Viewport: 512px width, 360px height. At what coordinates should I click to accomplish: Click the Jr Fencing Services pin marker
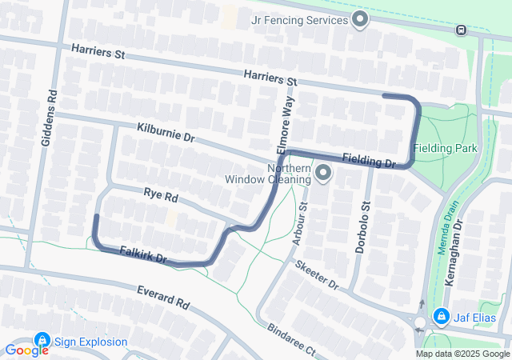click(x=360, y=19)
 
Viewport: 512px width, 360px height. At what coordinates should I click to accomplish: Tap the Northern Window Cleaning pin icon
click(x=323, y=173)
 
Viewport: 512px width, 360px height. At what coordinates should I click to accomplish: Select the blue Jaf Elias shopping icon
click(x=440, y=318)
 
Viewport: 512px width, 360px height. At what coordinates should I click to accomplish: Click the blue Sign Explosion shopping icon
click(x=42, y=342)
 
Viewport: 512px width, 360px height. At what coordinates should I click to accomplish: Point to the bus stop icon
click(x=462, y=30)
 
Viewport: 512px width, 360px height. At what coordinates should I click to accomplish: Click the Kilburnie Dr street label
click(x=166, y=133)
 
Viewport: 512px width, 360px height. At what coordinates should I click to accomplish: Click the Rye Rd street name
click(x=161, y=194)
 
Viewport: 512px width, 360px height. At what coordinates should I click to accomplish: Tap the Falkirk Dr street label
click(x=142, y=255)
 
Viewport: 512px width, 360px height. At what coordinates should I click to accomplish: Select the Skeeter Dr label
click(x=317, y=274)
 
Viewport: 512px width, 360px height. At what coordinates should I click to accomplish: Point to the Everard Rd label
click(x=162, y=298)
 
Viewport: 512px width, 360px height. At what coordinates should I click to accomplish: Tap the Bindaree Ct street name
click(x=293, y=342)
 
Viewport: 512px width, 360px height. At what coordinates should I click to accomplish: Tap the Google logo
click(x=27, y=350)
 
